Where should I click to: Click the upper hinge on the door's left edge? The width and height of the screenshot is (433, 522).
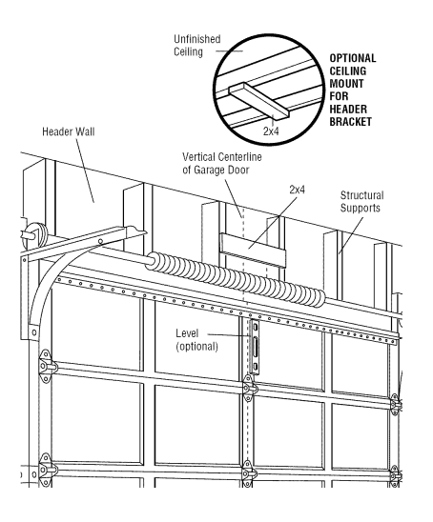(41, 365)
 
